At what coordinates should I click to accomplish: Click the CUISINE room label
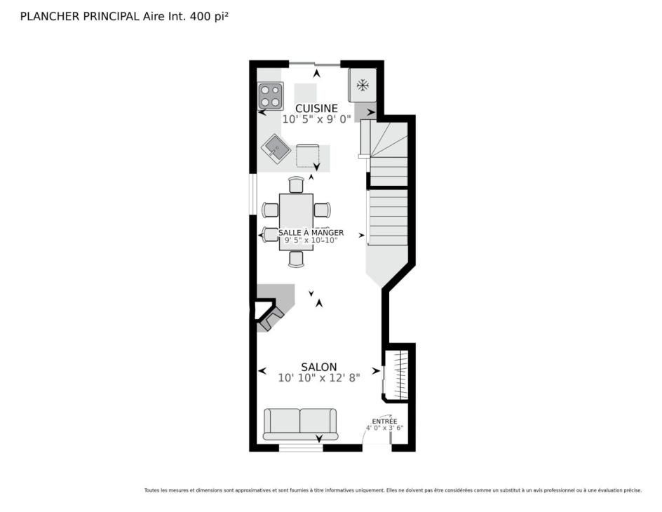click(x=316, y=109)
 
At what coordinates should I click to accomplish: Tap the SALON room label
click(x=319, y=367)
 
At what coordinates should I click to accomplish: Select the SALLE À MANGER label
click(x=311, y=233)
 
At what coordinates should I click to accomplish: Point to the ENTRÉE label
click(x=384, y=422)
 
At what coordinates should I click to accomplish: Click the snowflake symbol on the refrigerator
click(x=363, y=86)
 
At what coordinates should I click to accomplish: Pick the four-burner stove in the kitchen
click(x=270, y=96)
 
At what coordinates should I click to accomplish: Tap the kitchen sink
click(x=276, y=149)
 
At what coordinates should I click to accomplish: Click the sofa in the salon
click(x=300, y=424)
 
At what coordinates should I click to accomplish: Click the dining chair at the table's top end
click(x=297, y=185)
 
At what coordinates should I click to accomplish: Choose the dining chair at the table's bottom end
click(x=297, y=260)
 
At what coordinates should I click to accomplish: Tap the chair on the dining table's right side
click(x=322, y=210)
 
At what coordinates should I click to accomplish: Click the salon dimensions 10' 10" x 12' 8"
click(x=319, y=378)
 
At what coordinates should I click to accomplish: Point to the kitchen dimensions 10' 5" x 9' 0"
click(x=317, y=119)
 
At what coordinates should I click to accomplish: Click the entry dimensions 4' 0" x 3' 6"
click(x=384, y=428)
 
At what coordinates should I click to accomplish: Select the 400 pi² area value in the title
click(x=210, y=16)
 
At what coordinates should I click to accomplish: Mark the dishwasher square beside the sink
click(x=307, y=156)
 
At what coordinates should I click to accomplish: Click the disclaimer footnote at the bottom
click(x=393, y=490)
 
